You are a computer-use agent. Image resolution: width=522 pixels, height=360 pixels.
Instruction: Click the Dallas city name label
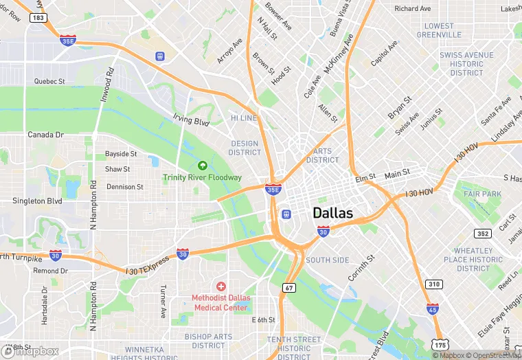click(333, 213)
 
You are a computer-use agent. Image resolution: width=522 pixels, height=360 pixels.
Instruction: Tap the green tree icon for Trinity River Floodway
click(203, 165)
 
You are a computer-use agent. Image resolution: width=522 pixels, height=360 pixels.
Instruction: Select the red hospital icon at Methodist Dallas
click(220, 286)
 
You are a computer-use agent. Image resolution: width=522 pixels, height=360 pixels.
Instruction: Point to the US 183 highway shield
click(38, 16)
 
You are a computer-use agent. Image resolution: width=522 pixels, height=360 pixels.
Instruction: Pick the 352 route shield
click(484, 234)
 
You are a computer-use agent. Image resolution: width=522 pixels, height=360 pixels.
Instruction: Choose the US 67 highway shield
click(289, 287)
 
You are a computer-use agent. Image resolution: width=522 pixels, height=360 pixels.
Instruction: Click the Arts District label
click(322, 155)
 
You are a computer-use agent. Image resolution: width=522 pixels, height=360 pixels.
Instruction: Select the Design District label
click(245, 148)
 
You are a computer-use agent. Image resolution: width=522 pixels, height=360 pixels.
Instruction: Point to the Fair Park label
click(482, 194)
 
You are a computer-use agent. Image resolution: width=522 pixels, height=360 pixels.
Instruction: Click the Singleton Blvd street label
click(37, 201)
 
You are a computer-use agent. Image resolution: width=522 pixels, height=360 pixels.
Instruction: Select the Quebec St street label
click(49, 81)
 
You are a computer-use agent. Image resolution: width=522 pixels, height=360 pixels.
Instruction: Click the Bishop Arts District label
click(208, 341)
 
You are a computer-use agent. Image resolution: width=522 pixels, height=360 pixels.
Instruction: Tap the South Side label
click(327, 260)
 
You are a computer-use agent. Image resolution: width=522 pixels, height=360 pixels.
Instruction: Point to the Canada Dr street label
click(45, 135)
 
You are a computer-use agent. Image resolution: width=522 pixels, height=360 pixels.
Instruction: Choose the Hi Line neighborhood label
click(243, 118)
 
